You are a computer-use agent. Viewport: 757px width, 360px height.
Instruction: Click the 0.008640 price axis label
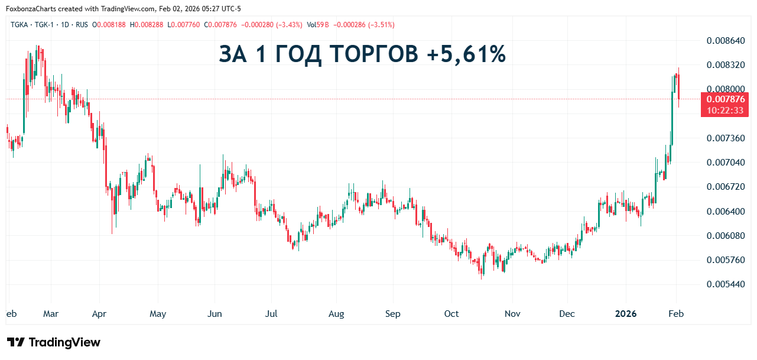[x=726, y=41]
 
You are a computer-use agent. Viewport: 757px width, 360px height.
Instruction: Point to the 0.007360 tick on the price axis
[x=726, y=138]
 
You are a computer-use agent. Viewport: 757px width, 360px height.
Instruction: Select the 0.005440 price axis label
[x=726, y=284]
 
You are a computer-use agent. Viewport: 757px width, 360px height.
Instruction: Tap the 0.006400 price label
[x=726, y=211]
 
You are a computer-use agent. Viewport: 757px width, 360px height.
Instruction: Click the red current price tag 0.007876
[x=724, y=99]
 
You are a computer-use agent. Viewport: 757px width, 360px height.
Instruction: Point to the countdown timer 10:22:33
[x=724, y=111]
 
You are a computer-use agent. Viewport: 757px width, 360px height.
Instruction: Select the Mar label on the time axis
[x=51, y=314]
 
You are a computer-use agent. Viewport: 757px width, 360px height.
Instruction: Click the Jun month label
[x=215, y=314]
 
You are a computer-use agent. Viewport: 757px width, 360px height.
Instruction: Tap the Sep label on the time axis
[x=393, y=314]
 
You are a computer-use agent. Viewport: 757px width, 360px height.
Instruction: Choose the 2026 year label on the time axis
[x=626, y=314]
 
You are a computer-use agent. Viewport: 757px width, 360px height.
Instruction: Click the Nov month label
[x=512, y=314]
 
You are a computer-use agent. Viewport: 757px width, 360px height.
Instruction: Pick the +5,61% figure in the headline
[x=465, y=54]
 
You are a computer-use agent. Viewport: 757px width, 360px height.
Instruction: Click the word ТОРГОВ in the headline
[x=372, y=54]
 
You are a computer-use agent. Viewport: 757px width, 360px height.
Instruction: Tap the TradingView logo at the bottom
[x=54, y=342]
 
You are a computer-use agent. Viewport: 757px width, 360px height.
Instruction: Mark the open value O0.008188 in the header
[x=109, y=25]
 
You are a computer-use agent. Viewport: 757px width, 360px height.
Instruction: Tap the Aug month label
[x=336, y=314]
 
